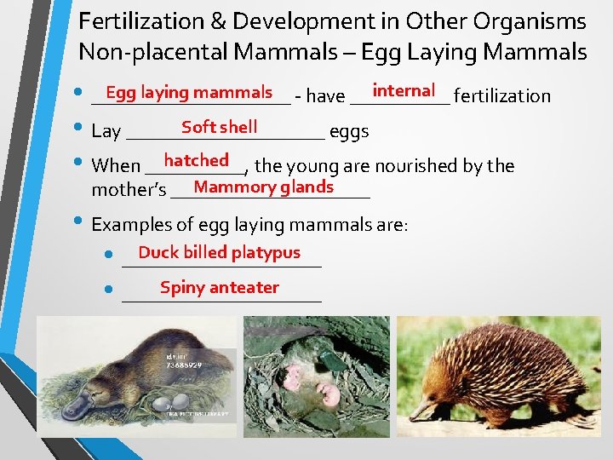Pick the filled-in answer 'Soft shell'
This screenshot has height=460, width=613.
(219, 127)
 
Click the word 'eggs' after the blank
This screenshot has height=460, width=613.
(348, 131)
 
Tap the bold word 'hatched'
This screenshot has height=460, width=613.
(196, 160)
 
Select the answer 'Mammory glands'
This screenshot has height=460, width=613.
(263, 187)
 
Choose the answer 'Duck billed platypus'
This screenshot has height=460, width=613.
(219, 252)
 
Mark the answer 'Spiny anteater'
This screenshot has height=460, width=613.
(219, 287)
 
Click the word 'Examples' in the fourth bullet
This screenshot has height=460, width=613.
(127, 225)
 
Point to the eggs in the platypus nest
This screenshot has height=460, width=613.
(171, 401)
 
